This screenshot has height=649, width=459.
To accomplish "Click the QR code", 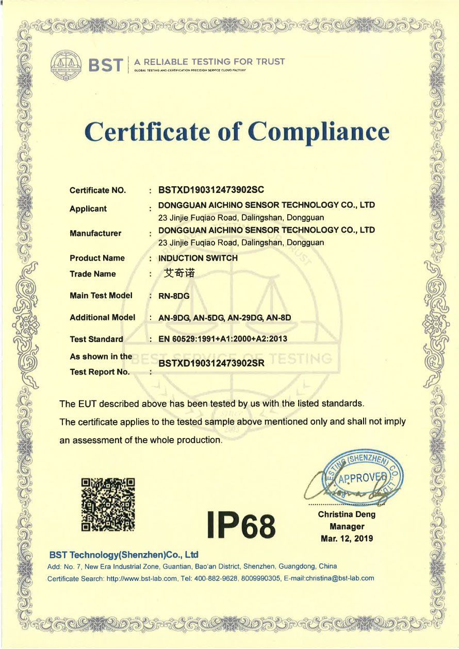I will point(109,504).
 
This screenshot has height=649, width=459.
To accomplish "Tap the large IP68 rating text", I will point(241,524).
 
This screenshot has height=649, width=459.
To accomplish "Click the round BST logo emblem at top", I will point(67,65).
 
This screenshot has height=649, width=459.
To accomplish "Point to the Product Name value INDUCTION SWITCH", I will point(198,258).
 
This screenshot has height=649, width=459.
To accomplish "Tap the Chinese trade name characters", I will point(179,273).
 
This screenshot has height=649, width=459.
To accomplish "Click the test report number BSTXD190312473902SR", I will point(211,363).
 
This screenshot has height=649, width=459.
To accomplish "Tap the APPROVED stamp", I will point(363,477).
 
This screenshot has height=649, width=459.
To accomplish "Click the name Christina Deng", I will point(347,514).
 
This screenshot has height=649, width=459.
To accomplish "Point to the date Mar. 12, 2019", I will point(347,539).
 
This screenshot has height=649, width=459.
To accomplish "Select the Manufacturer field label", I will point(95,233).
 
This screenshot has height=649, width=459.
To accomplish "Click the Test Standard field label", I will point(96,339).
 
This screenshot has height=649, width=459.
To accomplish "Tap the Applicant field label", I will point(88,209).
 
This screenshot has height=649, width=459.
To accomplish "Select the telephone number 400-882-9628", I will point(215,578).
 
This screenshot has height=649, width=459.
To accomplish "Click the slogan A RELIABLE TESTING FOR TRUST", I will point(209,62).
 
